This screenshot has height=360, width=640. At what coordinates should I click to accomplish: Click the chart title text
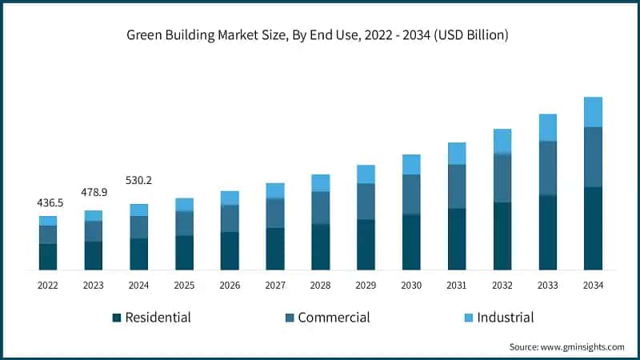320,35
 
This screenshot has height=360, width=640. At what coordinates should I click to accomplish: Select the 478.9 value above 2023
94,194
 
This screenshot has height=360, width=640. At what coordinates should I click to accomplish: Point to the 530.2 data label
139,182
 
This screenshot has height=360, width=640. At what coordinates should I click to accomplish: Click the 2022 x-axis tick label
48,285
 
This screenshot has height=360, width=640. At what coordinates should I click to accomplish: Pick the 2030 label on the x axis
411,285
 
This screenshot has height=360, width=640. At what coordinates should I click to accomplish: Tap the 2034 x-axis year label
593,285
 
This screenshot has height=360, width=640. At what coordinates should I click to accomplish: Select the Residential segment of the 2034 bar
593,229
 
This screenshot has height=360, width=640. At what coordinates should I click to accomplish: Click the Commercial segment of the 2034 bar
593,157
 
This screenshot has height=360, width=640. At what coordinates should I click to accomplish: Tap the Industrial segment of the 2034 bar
593,112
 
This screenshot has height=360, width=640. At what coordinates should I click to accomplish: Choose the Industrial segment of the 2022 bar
48,221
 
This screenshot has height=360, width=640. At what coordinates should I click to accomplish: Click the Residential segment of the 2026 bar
230,251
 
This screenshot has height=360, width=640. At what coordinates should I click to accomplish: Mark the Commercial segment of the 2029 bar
366,202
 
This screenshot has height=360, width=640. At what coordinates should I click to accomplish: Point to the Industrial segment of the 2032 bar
502,141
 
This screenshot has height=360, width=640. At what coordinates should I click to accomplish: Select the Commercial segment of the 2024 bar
139,227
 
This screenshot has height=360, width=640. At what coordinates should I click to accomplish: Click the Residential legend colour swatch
117,318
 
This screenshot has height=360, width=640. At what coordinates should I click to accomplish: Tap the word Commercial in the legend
334,318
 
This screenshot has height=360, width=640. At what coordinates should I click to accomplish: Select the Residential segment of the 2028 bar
321,247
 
